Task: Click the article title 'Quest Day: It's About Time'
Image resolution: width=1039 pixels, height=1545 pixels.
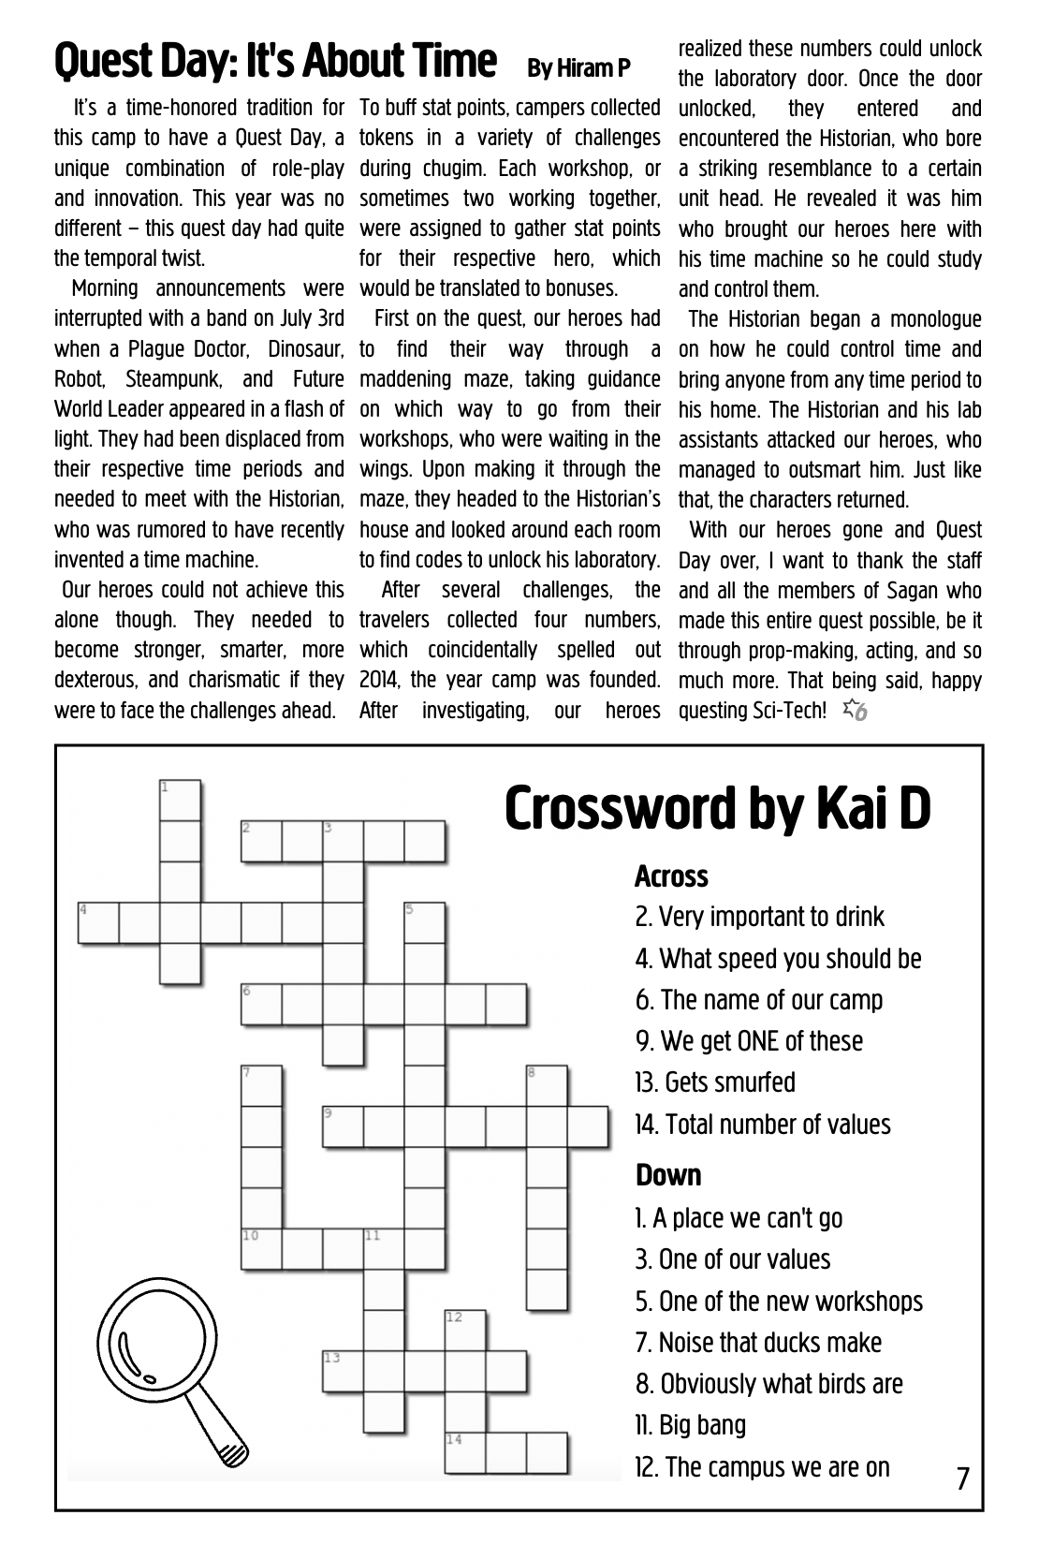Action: [274, 62]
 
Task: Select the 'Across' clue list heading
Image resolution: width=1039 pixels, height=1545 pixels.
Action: [671, 876]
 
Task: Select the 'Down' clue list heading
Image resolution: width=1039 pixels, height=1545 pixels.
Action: [668, 1175]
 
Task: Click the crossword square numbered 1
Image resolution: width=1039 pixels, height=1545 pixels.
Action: [180, 801]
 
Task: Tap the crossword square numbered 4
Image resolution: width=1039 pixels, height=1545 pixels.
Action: [98, 923]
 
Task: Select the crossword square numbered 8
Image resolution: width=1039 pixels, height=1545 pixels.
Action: [547, 1085]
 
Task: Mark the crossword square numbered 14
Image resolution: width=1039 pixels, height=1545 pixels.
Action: [465, 1452]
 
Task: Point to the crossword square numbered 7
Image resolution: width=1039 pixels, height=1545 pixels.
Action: [262, 1085]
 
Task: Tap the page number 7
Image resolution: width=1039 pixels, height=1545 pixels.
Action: [963, 1479]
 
